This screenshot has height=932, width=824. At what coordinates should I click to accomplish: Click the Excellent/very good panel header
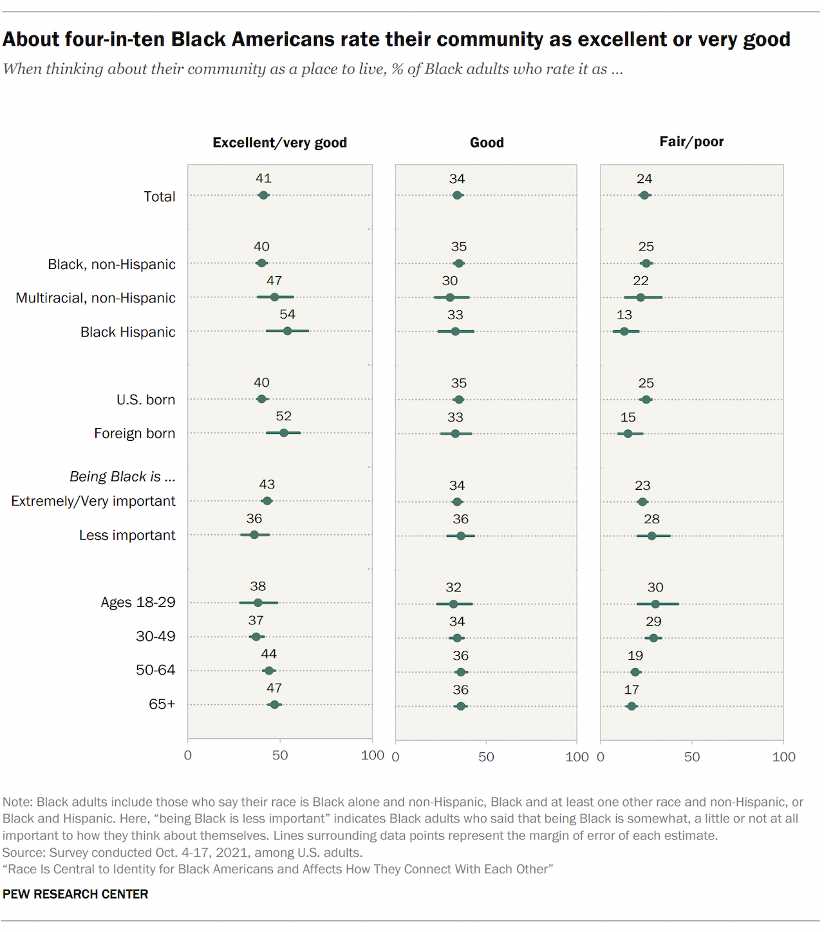tap(279, 142)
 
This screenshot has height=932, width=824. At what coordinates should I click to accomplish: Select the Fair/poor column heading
tap(691, 142)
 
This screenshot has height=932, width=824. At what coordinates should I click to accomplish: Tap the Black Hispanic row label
tap(127, 332)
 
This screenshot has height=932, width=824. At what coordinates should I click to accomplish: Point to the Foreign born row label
tap(134, 433)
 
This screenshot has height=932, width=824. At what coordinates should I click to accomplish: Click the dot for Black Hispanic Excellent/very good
tap(287, 331)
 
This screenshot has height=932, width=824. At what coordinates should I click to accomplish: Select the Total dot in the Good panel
tap(457, 195)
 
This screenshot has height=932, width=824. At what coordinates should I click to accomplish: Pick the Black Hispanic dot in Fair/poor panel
tap(624, 331)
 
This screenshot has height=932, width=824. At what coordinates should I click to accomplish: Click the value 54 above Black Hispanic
tap(287, 314)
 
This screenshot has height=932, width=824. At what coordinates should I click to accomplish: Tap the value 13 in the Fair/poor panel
tap(624, 315)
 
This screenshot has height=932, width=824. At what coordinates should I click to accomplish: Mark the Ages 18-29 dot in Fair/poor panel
tap(655, 604)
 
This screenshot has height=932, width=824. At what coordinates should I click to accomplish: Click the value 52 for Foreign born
tap(283, 416)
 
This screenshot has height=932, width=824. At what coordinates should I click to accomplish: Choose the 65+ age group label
tap(162, 704)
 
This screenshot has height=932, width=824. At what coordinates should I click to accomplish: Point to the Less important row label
tap(127, 535)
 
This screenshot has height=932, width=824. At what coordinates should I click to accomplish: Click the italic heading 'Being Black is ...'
tap(122, 476)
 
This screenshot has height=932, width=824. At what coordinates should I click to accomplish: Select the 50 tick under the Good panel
tap(486, 757)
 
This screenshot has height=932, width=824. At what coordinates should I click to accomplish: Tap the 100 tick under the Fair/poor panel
tap(783, 757)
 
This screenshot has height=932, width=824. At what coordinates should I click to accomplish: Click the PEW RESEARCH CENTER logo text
tap(75, 894)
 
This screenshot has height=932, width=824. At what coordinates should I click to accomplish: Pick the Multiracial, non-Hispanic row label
tap(95, 298)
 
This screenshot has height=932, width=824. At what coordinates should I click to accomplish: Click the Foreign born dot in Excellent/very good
tap(283, 433)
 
